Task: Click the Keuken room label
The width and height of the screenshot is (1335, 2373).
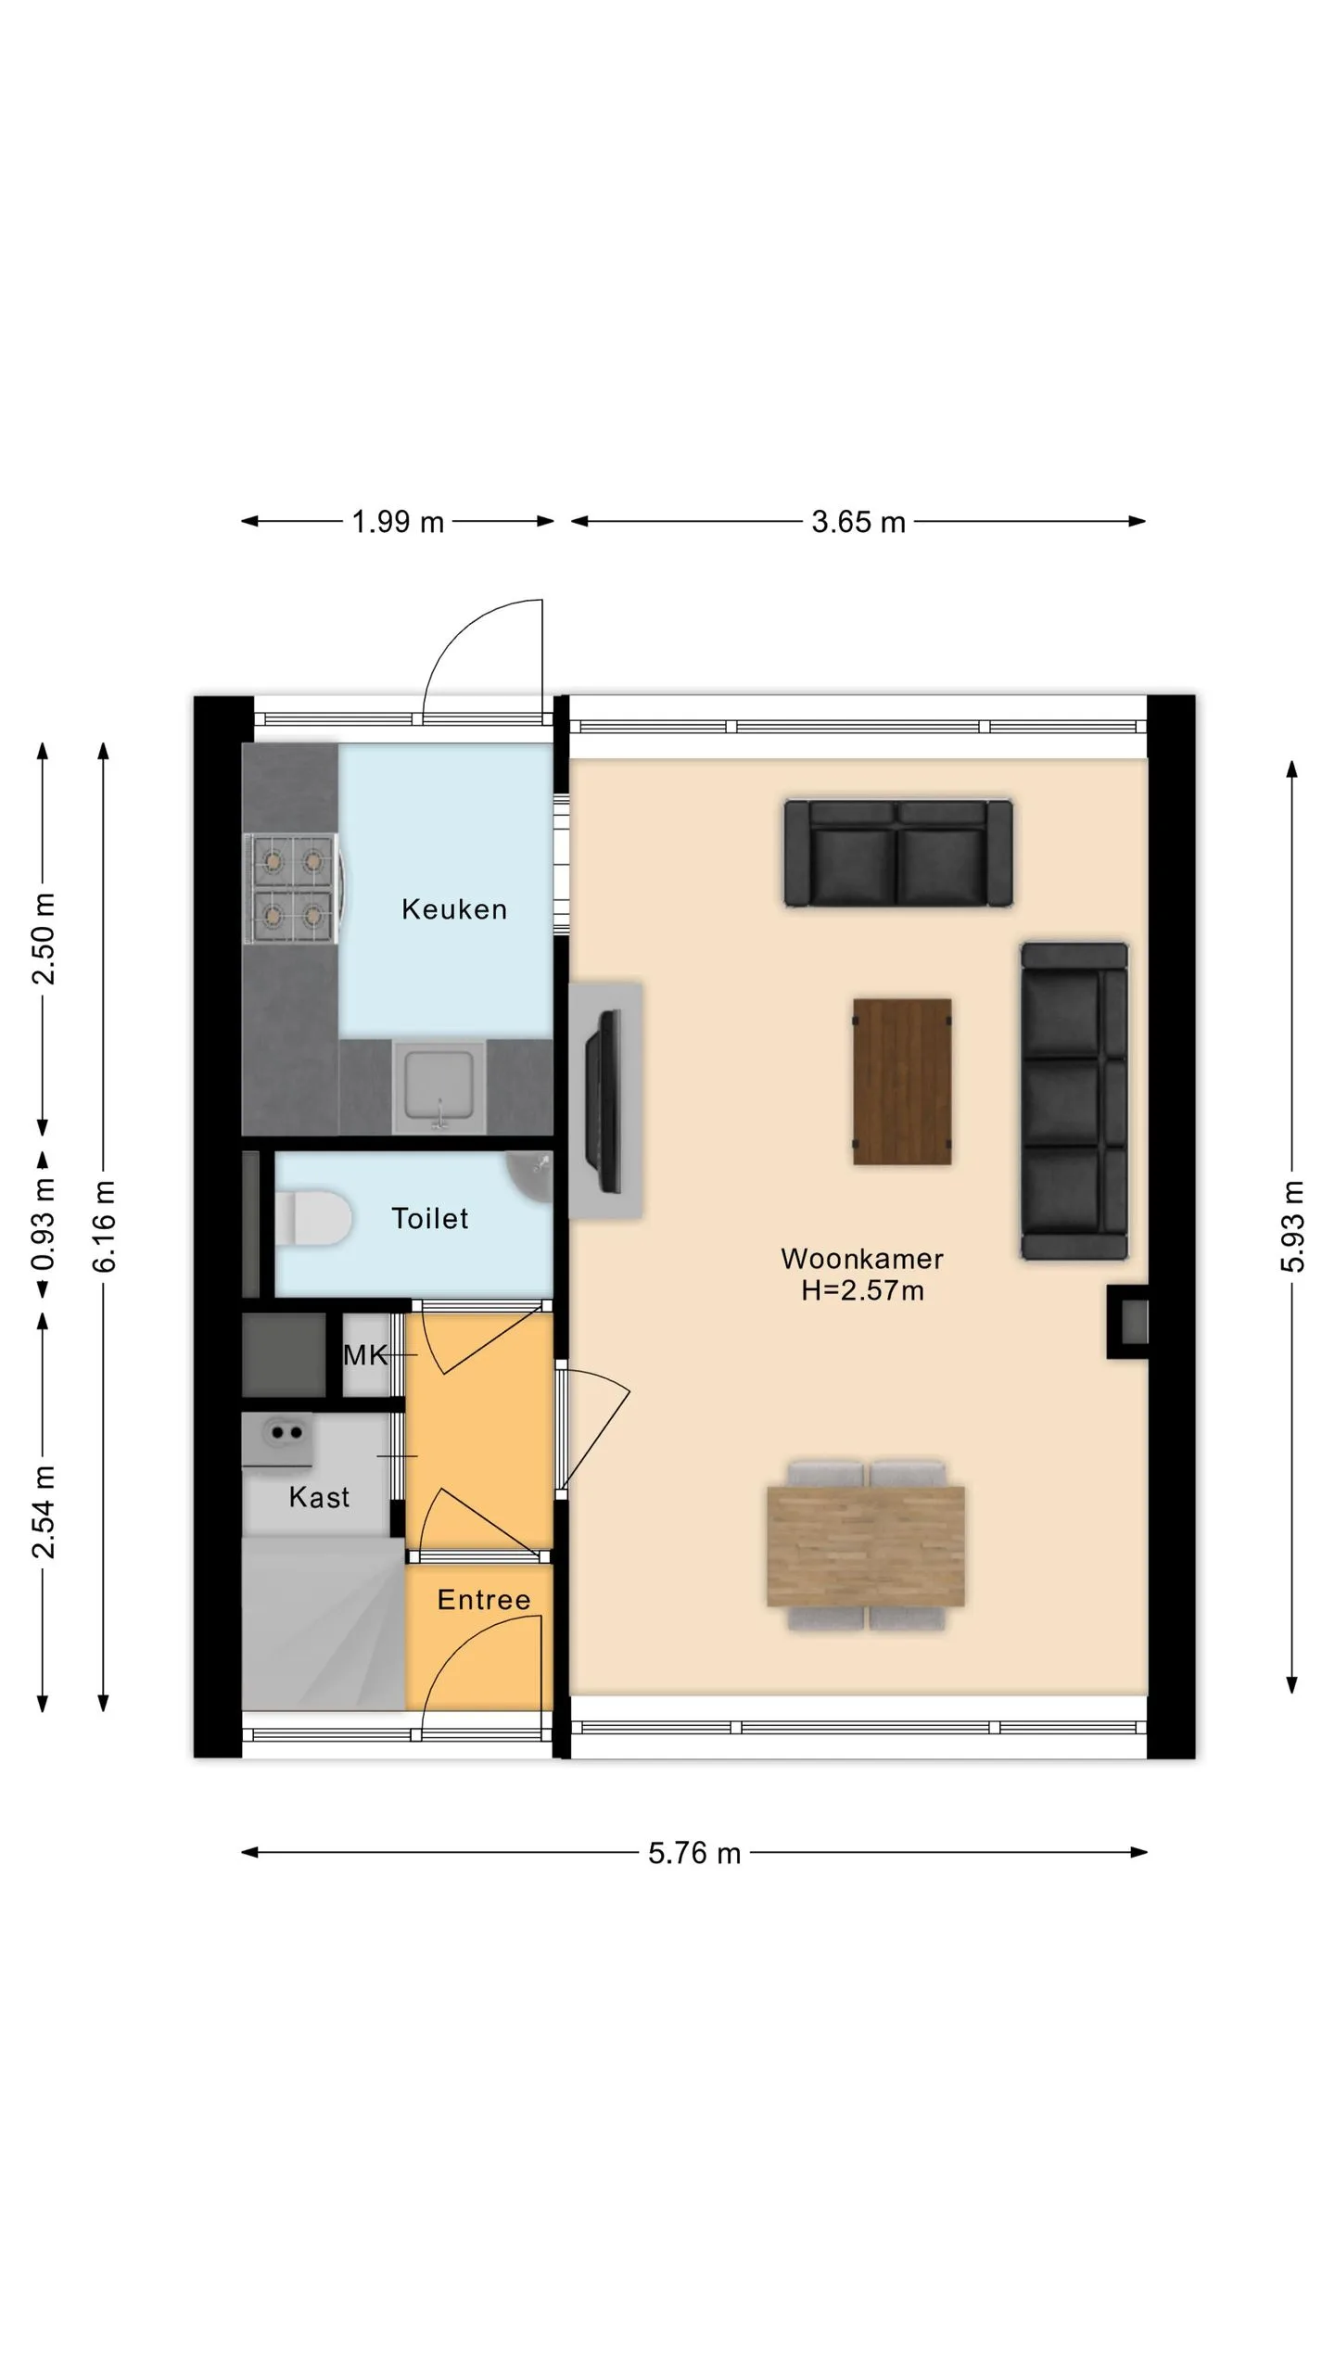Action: [454, 909]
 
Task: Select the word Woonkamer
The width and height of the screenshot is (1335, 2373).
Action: [862, 1259]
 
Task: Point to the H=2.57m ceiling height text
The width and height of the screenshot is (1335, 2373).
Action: [862, 1290]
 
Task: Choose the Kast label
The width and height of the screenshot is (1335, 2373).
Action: [319, 1497]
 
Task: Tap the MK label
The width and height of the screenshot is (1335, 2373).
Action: [365, 1355]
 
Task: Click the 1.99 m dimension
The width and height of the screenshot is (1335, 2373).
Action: [398, 522]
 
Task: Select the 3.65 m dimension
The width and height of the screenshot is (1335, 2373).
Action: [858, 522]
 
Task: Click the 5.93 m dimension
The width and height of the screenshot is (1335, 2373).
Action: [1293, 1226]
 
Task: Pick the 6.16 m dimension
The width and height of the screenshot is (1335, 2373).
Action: [104, 1226]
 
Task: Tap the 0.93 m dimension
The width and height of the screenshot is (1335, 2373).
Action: [43, 1225]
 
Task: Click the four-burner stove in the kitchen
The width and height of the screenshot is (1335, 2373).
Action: [293, 889]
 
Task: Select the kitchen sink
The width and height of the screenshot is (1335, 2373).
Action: [439, 1086]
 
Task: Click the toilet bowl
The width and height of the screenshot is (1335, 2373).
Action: [313, 1218]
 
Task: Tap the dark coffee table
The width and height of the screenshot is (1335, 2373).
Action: [902, 1082]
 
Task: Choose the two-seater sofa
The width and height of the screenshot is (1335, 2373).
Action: [898, 853]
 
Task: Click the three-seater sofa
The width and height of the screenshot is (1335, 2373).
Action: [1074, 1101]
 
